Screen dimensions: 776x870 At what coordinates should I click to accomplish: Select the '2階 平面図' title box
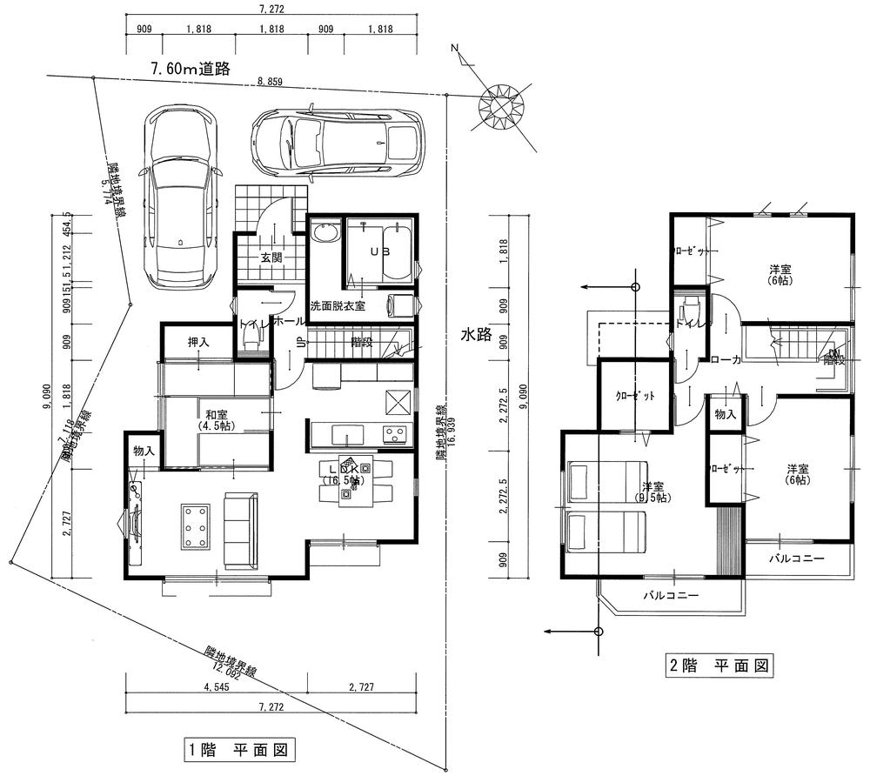[x=719, y=666]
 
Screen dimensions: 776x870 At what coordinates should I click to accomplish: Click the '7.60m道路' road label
[x=190, y=70]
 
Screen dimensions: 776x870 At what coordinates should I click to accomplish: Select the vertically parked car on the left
[x=178, y=197]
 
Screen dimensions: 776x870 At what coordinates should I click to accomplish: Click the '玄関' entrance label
[x=271, y=258]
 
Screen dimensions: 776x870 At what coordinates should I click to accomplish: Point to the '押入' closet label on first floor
[x=198, y=343]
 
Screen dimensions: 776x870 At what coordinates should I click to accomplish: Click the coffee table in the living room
[x=195, y=526]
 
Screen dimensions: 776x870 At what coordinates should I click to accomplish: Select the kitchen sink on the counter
[x=345, y=434]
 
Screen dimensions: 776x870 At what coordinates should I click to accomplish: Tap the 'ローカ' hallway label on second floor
[x=725, y=359]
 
